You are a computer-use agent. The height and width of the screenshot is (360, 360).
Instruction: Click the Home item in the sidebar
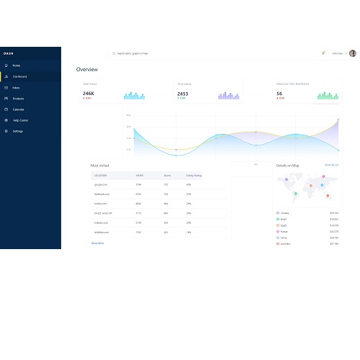(x=16, y=65)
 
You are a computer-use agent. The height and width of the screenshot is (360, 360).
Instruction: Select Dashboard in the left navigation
(x=19, y=76)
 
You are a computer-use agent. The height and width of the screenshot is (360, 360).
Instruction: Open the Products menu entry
(x=18, y=98)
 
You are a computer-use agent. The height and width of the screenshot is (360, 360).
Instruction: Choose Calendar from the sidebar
(x=19, y=109)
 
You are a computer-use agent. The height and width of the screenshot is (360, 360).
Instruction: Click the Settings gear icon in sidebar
(x=6, y=131)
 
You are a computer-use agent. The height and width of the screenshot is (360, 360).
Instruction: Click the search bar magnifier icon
(x=114, y=53)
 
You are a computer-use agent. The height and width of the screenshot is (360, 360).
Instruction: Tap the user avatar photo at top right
(x=351, y=53)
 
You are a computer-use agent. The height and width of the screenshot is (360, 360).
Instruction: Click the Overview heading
(x=87, y=70)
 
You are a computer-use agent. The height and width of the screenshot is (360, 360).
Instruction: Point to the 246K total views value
(x=89, y=94)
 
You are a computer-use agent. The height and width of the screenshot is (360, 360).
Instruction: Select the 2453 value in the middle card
(x=183, y=94)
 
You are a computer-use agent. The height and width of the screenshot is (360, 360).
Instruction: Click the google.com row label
(x=101, y=185)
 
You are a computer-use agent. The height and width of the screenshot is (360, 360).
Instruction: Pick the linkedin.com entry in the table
(x=101, y=222)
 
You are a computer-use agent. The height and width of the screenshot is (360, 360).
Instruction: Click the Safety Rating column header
(x=194, y=175)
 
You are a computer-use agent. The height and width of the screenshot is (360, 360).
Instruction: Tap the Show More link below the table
(x=97, y=243)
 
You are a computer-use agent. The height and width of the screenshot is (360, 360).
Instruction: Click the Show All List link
(x=331, y=165)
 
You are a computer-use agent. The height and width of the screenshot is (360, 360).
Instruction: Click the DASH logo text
(x=8, y=53)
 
